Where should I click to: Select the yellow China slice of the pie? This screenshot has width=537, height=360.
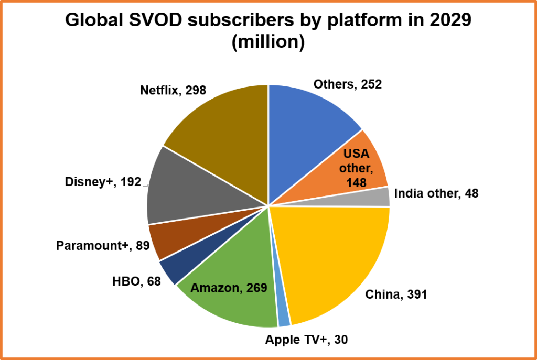coord(336,257)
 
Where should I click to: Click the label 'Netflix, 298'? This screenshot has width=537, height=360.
coord(173,90)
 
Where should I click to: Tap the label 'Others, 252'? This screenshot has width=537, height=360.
coord(347,84)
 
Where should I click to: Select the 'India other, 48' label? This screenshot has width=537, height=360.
coord(436,193)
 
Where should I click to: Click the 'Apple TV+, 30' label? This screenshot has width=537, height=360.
coord(306,340)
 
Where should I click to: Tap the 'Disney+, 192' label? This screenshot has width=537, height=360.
coord(103,182)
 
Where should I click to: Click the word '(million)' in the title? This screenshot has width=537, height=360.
coord(268,42)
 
